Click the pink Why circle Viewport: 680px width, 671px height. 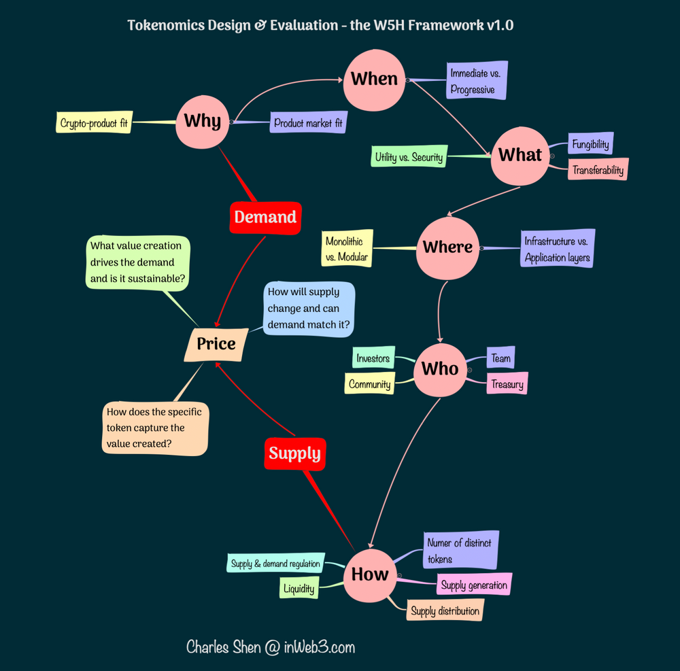[x=202, y=122]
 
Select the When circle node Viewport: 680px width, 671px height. [x=374, y=79]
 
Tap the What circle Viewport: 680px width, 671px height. [x=520, y=155]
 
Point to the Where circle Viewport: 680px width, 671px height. [x=447, y=247]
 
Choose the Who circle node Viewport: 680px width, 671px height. [x=440, y=369]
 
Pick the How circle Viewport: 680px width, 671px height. [x=370, y=574]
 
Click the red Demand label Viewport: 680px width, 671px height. [x=265, y=218]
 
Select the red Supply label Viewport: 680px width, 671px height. [x=294, y=453]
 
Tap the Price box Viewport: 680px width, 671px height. [x=216, y=344]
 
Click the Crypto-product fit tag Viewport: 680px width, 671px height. [x=95, y=123]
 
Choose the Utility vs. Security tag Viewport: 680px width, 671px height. [x=409, y=157]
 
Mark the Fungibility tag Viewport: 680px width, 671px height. [x=590, y=144]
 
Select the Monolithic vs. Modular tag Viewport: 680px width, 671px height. [x=347, y=249]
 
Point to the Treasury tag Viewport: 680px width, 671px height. [x=507, y=384]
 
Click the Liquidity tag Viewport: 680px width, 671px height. [x=299, y=588]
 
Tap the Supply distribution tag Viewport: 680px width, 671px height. [x=445, y=610]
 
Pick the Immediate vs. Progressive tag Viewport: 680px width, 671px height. [x=478, y=81]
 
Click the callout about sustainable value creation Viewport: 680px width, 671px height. [x=138, y=262]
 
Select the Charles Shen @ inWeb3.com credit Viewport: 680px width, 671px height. [x=271, y=647]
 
